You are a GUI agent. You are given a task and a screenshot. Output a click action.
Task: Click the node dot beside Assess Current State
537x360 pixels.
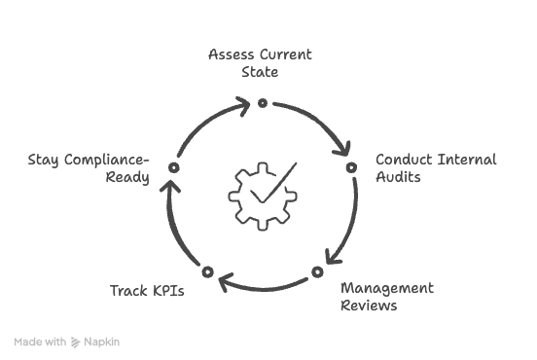(262, 99)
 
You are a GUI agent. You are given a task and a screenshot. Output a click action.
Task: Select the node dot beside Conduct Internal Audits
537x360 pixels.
(351, 167)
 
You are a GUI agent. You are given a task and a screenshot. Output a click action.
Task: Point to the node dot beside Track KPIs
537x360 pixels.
(206, 270)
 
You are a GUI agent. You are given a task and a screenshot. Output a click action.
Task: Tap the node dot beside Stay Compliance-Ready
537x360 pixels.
(172, 167)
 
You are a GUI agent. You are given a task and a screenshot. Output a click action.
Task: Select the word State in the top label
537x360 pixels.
(260, 72)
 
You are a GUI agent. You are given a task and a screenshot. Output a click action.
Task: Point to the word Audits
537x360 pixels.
(399, 177)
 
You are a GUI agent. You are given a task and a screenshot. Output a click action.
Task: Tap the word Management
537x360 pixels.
(387, 289)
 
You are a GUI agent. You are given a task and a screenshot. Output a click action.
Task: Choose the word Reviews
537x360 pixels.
(368, 306)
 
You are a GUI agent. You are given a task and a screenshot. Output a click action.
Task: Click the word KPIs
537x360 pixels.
(167, 291)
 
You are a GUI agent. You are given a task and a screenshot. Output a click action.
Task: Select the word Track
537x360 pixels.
(127, 291)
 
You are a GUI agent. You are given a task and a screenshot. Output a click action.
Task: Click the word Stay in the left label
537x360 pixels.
(44, 160)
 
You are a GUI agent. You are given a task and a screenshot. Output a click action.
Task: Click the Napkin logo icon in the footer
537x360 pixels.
(76, 342)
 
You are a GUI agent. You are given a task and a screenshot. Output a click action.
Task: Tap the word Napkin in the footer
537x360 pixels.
(102, 342)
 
